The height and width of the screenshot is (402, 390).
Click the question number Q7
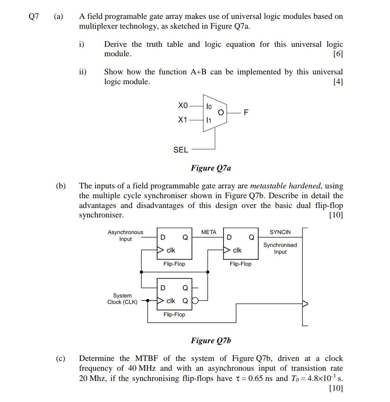(x=34, y=17)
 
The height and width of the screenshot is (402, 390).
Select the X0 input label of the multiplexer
(x=182, y=106)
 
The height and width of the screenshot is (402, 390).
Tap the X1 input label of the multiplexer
(x=182, y=120)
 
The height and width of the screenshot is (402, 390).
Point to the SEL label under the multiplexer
(x=180, y=150)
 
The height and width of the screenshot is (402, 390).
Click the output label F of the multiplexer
(x=246, y=112)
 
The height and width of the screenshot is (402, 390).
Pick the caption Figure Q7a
(x=211, y=168)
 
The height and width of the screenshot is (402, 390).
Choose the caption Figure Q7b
(x=211, y=340)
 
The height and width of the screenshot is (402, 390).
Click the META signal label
(x=209, y=232)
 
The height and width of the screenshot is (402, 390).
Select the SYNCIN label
(x=280, y=232)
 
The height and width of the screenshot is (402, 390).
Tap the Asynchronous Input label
(x=125, y=236)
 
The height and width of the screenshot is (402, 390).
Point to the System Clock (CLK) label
(x=122, y=299)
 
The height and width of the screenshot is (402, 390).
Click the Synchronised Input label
(x=280, y=248)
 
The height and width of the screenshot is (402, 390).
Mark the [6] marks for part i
(x=338, y=54)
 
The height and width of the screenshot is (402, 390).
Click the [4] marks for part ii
(x=338, y=82)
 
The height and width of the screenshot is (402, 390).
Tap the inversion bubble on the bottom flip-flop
(x=194, y=301)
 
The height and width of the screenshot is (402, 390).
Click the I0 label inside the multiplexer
(x=209, y=106)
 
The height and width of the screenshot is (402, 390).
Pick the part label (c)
(x=60, y=359)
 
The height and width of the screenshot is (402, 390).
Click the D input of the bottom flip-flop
(x=163, y=288)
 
